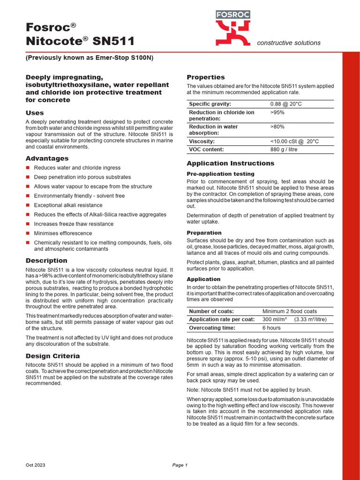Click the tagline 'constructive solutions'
(289, 43)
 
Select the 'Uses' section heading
(34, 113)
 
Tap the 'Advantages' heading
(47, 158)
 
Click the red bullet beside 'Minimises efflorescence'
(28, 233)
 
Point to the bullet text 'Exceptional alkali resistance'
(68, 205)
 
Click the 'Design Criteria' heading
(52, 356)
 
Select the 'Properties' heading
(206, 77)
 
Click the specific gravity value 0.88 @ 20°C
(286, 104)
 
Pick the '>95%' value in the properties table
(277, 113)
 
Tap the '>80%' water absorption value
(277, 127)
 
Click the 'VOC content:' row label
(206, 150)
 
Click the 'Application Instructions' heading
(230, 164)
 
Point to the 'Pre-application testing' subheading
(220, 174)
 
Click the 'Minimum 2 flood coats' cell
(289, 311)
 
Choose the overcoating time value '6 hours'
(271, 328)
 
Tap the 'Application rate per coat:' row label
(221, 320)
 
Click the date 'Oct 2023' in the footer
(35, 465)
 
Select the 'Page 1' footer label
(180, 465)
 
